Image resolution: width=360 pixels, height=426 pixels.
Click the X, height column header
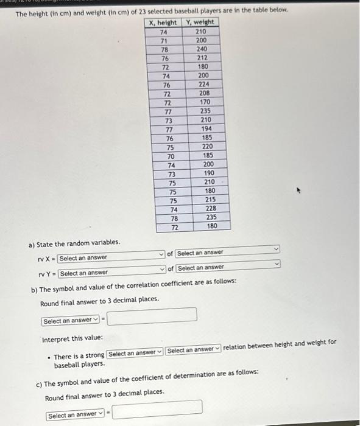(x=163, y=23)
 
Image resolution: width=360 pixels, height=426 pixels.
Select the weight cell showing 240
(x=202, y=49)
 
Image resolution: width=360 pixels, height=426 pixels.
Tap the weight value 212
(x=202, y=58)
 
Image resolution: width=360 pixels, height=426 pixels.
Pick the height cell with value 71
(x=163, y=40)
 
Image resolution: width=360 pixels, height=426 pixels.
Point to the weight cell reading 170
(x=202, y=102)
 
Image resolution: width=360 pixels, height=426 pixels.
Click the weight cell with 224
(x=202, y=85)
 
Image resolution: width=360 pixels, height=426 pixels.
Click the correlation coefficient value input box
(x=152, y=315)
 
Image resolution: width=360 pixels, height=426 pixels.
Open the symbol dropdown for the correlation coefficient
(x=71, y=321)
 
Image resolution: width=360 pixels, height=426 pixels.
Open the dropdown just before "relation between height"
(x=192, y=350)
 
